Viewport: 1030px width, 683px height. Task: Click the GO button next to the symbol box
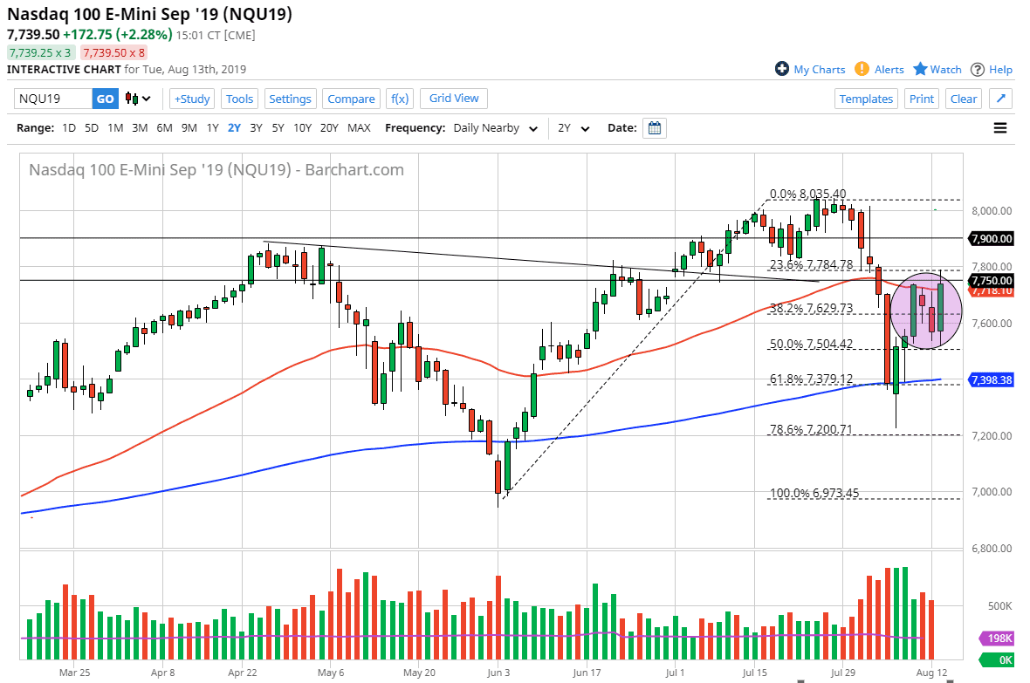(105, 99)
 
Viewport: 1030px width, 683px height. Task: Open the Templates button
(866, 99)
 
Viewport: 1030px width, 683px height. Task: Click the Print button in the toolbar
(922, 99)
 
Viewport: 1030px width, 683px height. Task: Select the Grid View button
(454, 99)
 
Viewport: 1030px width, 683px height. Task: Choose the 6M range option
(164, 128)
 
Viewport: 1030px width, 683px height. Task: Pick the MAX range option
(359, 128)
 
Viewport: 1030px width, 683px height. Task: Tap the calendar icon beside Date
(655, 128)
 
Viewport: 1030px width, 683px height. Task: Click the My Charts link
(810, 70)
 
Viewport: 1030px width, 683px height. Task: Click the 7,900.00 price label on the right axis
(991, 238)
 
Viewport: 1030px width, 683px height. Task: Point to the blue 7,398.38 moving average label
(991, 380)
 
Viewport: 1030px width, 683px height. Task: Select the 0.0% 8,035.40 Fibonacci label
(807, 195)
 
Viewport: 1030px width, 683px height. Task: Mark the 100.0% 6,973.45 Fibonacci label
(814, 494)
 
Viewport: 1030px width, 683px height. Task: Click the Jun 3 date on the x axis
(498, 673)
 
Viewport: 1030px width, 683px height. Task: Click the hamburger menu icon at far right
(999, 128)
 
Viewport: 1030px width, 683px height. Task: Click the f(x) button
(400, 99)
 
